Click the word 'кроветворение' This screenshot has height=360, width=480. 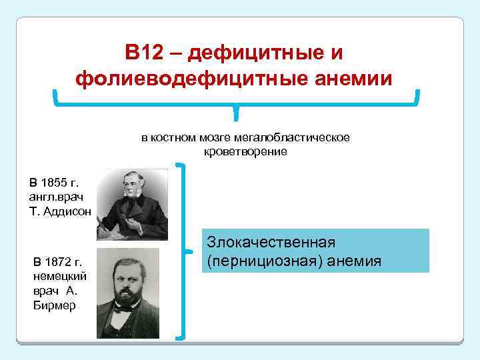245,151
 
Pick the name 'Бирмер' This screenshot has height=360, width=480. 50,306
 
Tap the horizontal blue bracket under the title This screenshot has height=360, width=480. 236,103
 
